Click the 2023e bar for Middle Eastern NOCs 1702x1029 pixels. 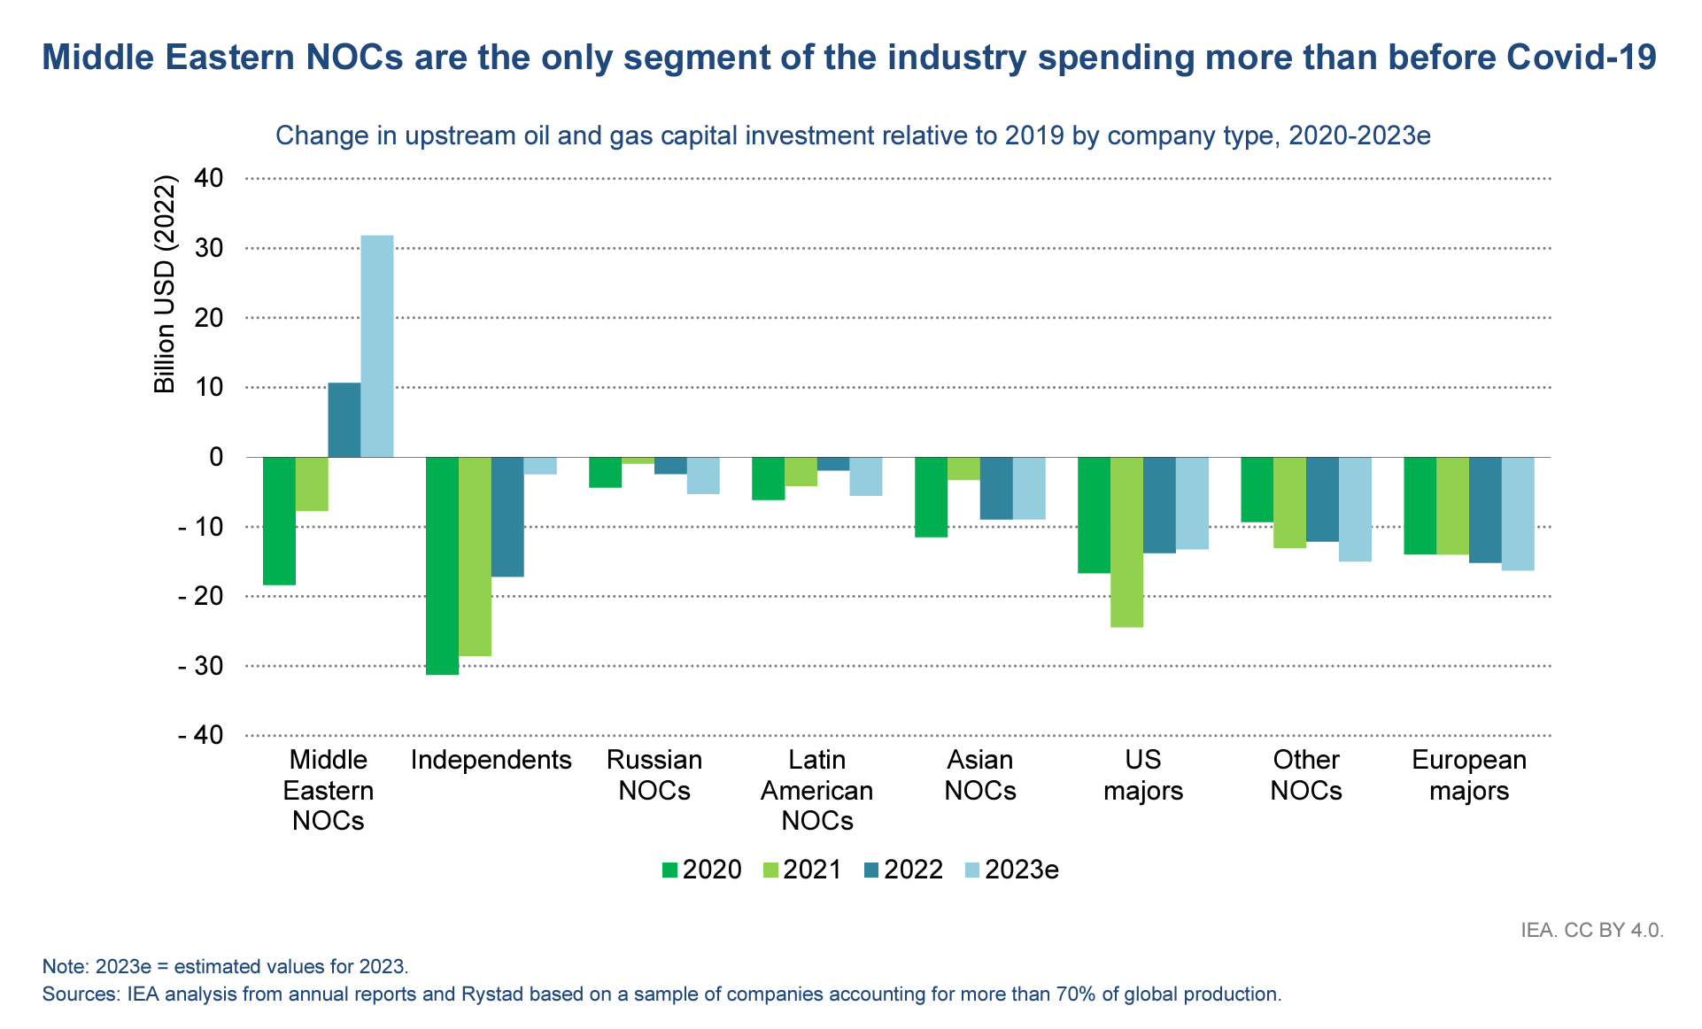tap(377, 346)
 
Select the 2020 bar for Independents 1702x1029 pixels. tap(442, 566)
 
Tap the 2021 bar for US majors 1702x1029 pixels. tap(1126, 542)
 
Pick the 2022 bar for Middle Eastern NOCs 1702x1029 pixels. tap(344, 420)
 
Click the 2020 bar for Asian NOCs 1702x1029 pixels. tap(931, 497)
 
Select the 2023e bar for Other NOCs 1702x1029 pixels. tap(1355, 509)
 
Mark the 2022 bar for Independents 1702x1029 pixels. tap(507, 517)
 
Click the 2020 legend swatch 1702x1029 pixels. tap(670, 870)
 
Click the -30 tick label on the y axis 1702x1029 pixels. tap(200, 666)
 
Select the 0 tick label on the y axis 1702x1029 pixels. tap(215, 457)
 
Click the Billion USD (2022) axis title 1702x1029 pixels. tap(166, 284)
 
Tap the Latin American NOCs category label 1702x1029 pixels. tap(816, 790)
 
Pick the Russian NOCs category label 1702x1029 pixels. tap(654, 775)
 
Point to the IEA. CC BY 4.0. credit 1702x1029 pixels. tap(1592, 931)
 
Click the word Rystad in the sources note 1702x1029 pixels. tap(492, 994)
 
